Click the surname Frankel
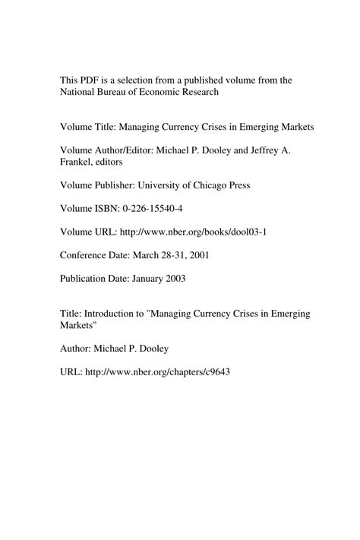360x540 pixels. (x=79, y=162)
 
